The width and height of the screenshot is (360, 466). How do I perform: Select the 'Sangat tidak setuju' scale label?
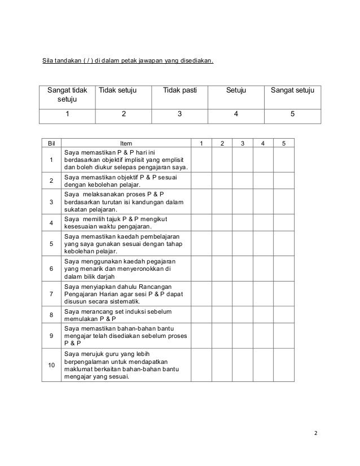(x=67, y=95)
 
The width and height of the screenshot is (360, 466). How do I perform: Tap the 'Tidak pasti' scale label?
(x=180, y=90)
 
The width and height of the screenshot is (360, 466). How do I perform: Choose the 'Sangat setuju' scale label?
(x=292, y=90)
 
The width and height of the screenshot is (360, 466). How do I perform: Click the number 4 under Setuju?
(x=236, y=113)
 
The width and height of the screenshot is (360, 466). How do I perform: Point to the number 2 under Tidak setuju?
(x=124, y=113)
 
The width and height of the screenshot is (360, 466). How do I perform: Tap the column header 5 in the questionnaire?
(x=284, y=143)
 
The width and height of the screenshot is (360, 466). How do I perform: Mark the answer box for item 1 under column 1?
(x=201, y=160)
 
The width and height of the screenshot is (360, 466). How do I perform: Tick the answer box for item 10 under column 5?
(x=284, y=366)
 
